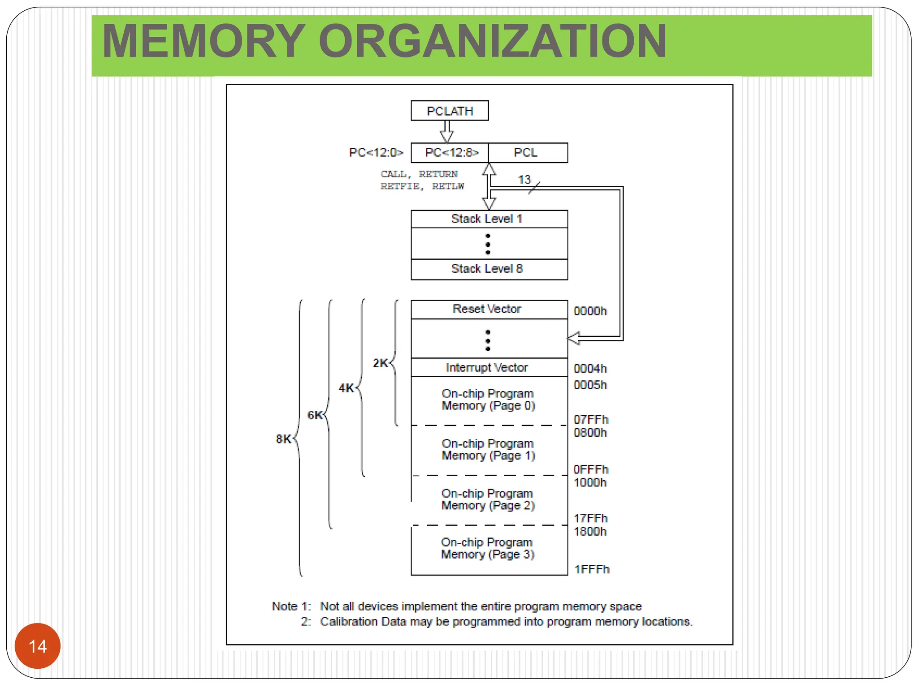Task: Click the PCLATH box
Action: [450, 111]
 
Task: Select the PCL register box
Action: [528, 153]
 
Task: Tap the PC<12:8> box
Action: [450, 153]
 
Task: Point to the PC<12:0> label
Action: [376, 153]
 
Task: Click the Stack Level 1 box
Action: [489, 219]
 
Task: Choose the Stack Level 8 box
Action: [489, 269]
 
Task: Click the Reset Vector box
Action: [489, 309]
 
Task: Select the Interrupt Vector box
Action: [489, 368]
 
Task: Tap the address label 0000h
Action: [590, 311]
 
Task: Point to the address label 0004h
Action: [590, 369]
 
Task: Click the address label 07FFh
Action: [591, 420]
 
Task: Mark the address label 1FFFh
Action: [592, 569]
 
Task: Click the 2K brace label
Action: [380, 363]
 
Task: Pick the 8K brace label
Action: [283, 439]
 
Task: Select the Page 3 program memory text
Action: [488, 548]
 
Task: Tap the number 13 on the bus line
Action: [524, 180]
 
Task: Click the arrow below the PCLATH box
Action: [447, 132]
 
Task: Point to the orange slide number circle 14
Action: [38, 646]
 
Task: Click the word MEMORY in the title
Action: [204, 41]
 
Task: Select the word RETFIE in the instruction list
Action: [400, 186]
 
